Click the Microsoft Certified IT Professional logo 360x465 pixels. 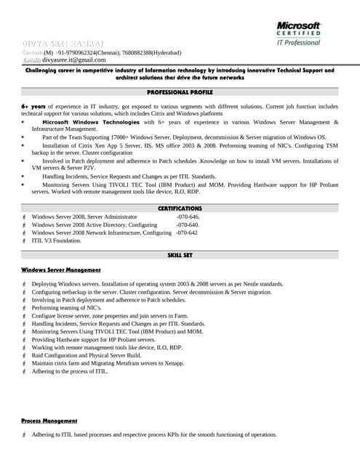click(x=298, y=33)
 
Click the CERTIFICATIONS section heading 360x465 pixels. click(x=180, y=209)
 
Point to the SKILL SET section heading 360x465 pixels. click(x=180, y=256)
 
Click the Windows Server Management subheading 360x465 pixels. click(x=62, y=270)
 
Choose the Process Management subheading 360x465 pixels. click(x=49, y=421)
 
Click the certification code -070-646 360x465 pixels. click(x=188, y=217)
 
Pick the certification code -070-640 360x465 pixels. click(x=188, y=225)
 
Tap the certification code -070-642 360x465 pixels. click(x=186, y=232)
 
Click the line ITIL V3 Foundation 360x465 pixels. click(x=57, y=240)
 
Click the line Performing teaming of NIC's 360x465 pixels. click(x=66, y=307)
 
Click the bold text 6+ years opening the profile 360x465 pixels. click(x=33, y=107)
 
